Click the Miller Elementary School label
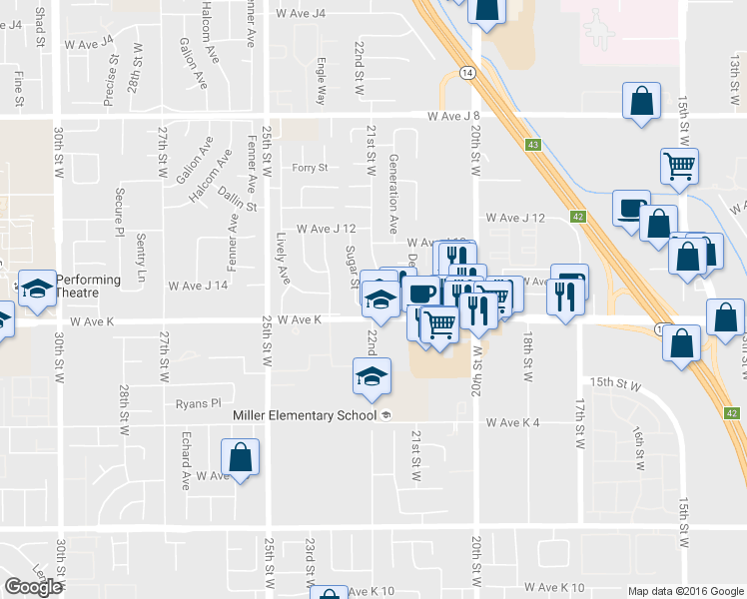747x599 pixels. click(x=304, y=415)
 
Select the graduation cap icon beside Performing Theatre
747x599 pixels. click(x=37, y=289)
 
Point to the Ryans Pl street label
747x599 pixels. click(x=197, y=403)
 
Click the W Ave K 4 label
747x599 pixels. click(x=512, y=422)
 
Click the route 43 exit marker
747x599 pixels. click(x=533, y=145)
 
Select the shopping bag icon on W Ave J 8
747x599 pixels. click(x=640, y=101)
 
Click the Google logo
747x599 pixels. click(x=33, y=586)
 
